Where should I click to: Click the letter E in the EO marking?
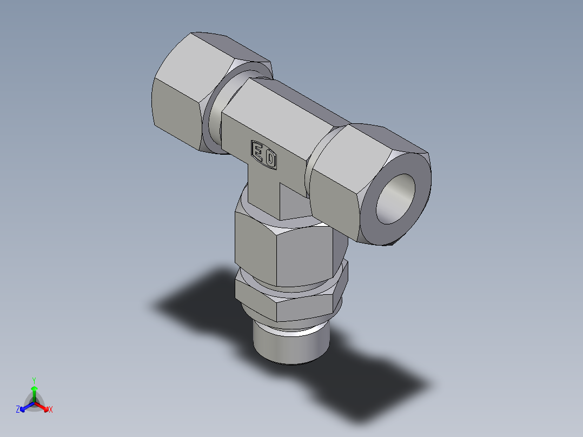tap(258, 153)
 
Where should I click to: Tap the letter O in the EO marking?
tap(271, 160)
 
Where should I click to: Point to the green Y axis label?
tap(34, 380)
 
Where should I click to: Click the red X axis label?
tap(51, 410)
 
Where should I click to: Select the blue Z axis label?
tap(18, 410)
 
